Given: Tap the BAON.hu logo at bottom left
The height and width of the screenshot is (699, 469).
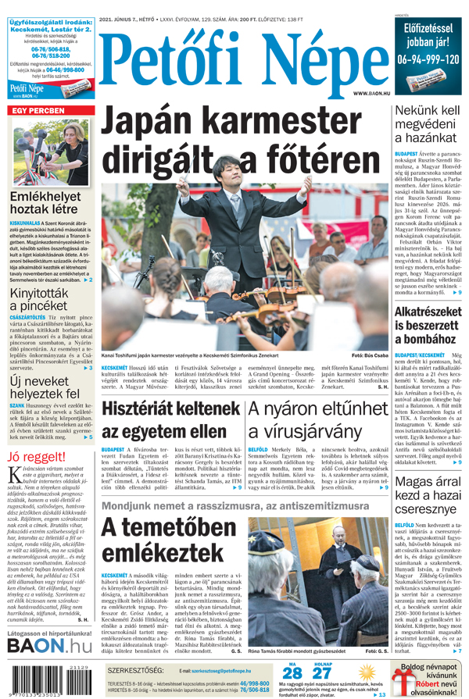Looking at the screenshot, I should pos(48,646).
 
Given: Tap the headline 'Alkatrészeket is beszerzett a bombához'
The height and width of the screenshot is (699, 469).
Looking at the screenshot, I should pos(428,327).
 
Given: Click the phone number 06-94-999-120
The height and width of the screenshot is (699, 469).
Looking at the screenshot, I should pos(428,59).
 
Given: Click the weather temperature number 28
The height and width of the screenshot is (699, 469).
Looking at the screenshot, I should pos(292,674).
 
